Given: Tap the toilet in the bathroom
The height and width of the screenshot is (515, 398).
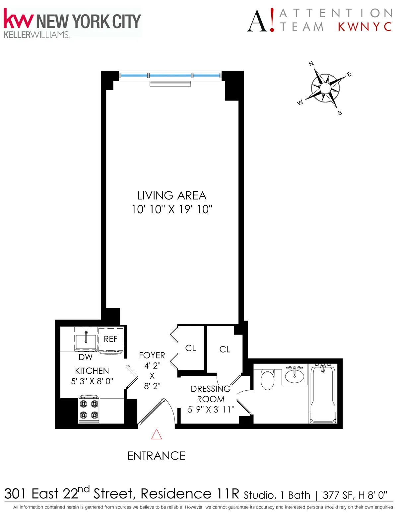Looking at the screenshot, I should [267, 379].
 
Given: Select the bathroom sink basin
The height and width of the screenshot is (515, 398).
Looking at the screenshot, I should [295, 376].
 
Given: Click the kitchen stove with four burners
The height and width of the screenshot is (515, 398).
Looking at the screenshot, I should [89, 409].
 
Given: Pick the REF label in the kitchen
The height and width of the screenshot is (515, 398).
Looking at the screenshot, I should [110, 339].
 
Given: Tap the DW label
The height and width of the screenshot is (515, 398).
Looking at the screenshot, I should [86, 357].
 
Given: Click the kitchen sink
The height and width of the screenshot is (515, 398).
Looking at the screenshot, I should [86, 341].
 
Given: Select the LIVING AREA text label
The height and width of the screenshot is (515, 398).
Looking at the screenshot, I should [172, 196].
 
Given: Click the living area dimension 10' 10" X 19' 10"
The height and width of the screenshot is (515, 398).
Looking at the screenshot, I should [172, 210].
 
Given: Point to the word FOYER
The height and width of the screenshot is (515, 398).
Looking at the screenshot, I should [152, 355].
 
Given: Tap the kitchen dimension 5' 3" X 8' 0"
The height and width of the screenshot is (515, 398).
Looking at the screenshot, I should [92, 381].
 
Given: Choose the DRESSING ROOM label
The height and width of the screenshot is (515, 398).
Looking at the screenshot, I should [211, 394].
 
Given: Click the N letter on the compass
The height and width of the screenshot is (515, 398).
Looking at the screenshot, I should [311, 64].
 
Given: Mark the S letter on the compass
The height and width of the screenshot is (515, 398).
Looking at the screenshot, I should [340, 113].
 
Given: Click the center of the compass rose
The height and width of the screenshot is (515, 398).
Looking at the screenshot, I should [325, 88].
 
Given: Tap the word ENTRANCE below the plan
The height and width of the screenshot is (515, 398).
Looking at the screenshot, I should [156, 456].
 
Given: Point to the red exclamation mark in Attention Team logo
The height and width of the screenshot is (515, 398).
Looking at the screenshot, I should [272, 20].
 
